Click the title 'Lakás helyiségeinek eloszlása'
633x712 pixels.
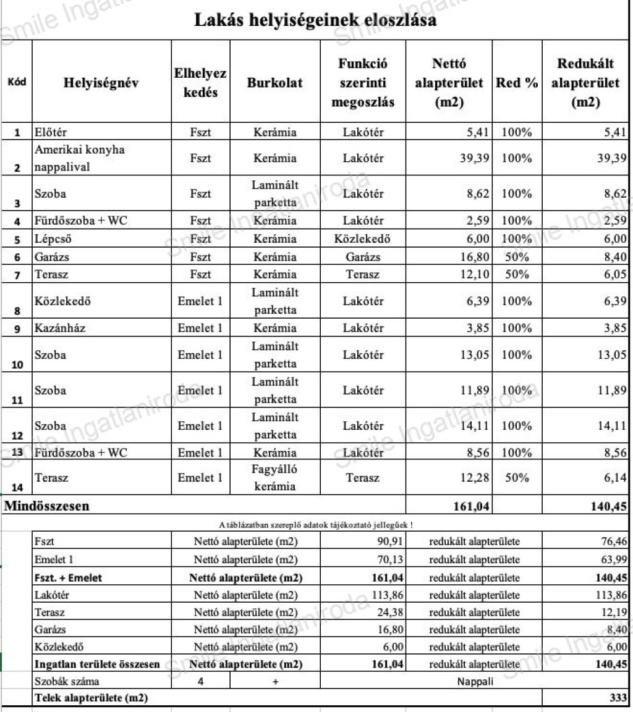316,20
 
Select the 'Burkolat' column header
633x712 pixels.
275,83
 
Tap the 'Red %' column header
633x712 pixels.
517,83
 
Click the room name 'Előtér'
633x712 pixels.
51,132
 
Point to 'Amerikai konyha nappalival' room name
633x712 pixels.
70,158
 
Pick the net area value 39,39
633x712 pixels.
474,158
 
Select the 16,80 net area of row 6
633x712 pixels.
474,257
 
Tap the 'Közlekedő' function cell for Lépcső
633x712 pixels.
363,239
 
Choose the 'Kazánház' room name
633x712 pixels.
60,328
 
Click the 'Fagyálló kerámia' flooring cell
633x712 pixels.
275,477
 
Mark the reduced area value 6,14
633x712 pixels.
614,477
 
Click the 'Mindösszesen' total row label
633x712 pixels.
47,506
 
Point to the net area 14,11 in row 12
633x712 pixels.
474,425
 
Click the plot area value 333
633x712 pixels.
617,698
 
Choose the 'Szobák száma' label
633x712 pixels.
67,682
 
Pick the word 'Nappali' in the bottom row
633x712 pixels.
475,682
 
